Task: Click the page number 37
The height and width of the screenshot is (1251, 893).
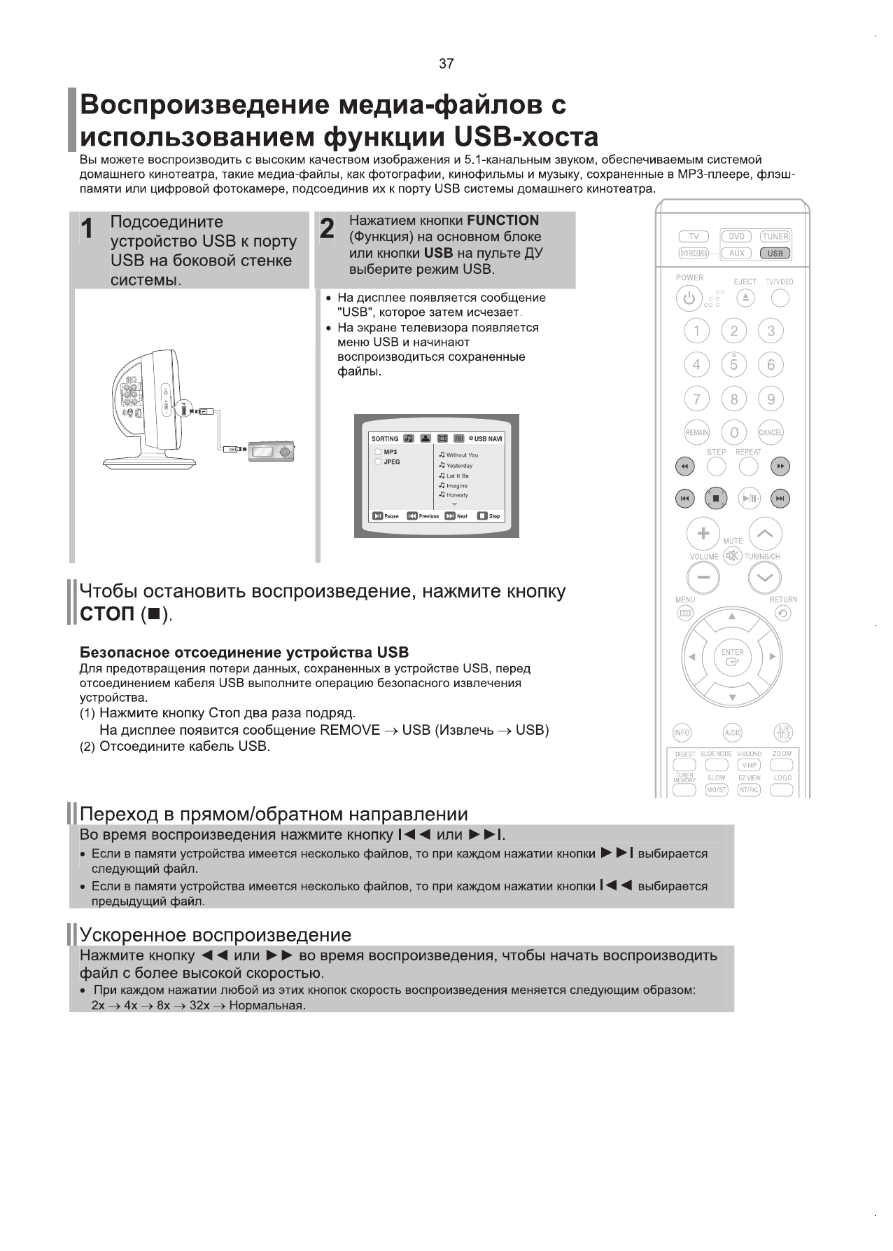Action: (x=446, y=64)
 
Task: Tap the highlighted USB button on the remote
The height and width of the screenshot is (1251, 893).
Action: (x=775, y=254)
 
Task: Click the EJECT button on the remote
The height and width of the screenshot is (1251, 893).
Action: (x=745, y=298)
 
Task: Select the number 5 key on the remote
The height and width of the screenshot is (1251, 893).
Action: (x=733, y=365)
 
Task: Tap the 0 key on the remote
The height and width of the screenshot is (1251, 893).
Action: (x=733, y=433)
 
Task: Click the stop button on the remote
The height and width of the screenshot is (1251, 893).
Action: (x=716, y=499)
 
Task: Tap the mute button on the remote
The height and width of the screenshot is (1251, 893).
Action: (x=733, y=556)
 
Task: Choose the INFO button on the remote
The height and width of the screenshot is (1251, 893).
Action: (x=681, y=733)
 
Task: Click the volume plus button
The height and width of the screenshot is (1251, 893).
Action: (x=704, y=534)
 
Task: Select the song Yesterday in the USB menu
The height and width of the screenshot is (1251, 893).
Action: (x=459, y=466)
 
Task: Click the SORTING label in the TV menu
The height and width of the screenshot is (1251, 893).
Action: (x=385, y=439)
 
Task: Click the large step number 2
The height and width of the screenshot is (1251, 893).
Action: (x=327, y=229)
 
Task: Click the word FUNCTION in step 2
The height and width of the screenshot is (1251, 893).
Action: (x=502, y=221)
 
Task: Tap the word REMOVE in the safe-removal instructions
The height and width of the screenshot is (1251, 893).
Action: (x=349, y=731)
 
